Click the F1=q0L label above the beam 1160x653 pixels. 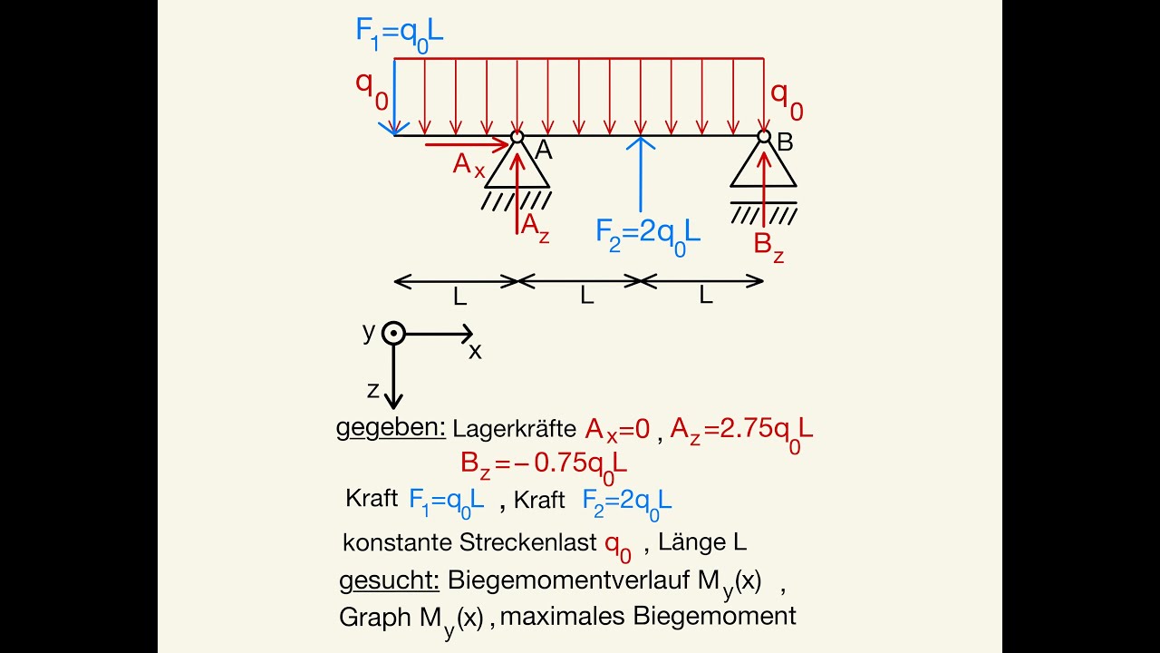tap(400, 35)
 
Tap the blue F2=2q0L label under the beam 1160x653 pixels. tap(648, 237)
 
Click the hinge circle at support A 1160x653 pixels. tap(517, 137)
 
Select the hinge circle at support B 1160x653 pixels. tap(764, 136)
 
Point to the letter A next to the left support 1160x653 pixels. tap(544, 151)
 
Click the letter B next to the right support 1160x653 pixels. tap(785, 142)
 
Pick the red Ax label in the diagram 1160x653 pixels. tap(469, 165)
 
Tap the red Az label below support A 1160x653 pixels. tap(536, 228)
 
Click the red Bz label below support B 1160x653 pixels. tap(769, 248)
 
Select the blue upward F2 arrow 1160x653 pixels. tap(641, 174)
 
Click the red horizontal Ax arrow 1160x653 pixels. tap(467, 144)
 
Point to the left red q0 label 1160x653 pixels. tap(372, 90)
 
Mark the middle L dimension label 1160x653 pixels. tap(586, 296)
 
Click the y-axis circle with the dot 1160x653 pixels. tap(393, 333)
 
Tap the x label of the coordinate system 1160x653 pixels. tap(475, 351)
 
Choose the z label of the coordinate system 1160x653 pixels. tap(372, 390)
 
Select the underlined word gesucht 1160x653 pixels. tap(389, 581)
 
